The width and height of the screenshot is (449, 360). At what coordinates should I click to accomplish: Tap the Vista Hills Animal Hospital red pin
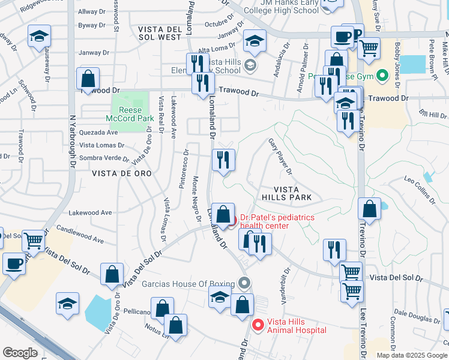258,326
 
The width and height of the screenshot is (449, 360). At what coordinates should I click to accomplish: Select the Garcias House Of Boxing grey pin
244,282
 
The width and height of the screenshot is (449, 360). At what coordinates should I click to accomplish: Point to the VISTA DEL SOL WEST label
159,33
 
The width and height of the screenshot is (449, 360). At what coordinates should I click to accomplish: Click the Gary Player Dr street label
280,157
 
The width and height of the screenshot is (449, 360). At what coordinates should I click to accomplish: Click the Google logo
20,353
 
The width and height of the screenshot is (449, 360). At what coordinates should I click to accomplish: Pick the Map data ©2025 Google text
412,355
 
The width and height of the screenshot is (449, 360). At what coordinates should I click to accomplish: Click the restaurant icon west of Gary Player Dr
223,160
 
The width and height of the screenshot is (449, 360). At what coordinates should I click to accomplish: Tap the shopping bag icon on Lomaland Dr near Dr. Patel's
223,214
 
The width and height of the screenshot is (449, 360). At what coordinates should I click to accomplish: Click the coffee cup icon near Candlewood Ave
14,263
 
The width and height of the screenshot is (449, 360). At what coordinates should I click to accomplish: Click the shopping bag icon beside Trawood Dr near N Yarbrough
88,78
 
